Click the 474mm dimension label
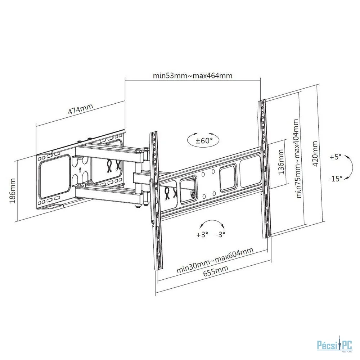point(81,109)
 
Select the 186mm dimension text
point(12,191)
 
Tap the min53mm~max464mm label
point(193,76)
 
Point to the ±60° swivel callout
point(203,140)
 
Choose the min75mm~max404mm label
point(298,158)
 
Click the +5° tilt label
point(336,157)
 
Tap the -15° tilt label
point(336,178)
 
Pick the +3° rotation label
point(202,234)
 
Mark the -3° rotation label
point(220,234)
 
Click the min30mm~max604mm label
point(215,260)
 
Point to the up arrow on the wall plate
point(80,170)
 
